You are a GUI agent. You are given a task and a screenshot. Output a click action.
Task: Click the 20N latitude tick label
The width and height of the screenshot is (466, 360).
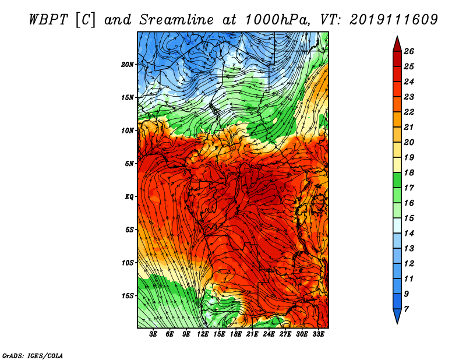[x=128, y=65]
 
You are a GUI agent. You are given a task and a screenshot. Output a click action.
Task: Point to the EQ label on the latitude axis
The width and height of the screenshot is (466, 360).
[x=129, y=197]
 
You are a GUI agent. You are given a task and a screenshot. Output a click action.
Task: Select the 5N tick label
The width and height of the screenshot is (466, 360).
[x=129, y=164]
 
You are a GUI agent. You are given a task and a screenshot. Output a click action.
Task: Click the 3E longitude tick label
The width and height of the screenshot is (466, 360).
[x=153, y=334]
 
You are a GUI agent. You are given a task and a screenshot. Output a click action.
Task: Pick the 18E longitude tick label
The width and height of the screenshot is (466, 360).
[x=236, y=334]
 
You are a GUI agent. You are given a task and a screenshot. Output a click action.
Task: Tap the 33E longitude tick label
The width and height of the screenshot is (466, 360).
[x=318, y=334]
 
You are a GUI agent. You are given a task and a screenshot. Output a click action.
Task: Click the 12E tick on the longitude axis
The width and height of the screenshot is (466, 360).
[x=203, y=334]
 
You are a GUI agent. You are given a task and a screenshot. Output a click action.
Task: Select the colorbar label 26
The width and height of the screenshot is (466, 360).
[x=409, y=51]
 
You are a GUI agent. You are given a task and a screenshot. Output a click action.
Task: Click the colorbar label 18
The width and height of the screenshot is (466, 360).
[x=409, y=172]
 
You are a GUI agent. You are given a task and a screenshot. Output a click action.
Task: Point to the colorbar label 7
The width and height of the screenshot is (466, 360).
[x=407, y=309]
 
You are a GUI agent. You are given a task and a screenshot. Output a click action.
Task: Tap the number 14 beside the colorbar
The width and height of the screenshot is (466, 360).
[x=409, y=234]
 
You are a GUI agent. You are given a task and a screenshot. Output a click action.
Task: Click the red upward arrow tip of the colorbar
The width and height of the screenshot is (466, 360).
[x=397, y=36]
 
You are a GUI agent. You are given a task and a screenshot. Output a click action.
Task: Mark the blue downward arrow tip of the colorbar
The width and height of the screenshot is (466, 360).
[x=397, y=323]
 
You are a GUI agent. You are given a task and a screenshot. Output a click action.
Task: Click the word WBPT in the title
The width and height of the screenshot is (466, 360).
[x=49, y=20]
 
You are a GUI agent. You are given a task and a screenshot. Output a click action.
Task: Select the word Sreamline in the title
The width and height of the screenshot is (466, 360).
[x=176, y=20]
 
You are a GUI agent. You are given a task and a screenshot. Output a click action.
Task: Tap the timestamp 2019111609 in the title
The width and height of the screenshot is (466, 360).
[x=394, y=20]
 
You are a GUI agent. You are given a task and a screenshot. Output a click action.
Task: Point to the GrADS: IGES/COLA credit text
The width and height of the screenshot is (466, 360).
[x=33, y=356]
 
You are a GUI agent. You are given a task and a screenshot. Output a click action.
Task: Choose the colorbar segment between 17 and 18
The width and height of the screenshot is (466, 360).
[x=397, y=180]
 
